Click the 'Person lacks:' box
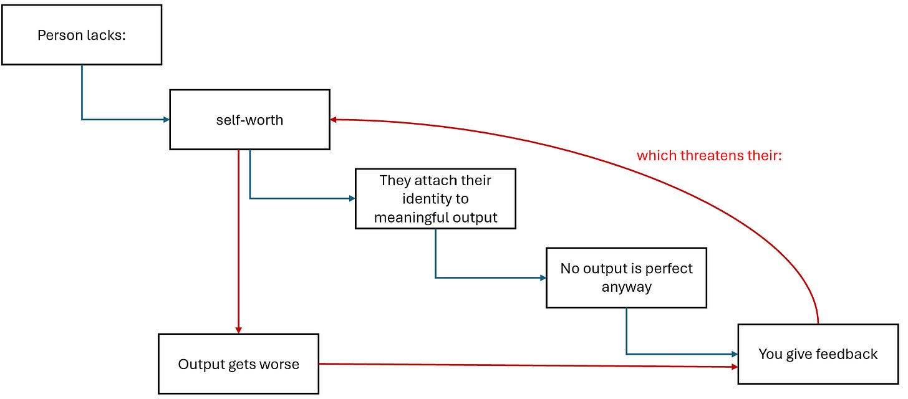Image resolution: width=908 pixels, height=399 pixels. click(x=82, y=35)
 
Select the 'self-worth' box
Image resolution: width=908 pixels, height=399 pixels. click(x=249, y=120)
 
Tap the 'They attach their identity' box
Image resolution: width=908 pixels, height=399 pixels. click(x=435, y=198)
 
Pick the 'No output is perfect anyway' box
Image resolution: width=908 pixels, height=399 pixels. click(x=626, y=277)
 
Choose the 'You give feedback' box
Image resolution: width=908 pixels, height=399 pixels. click(x=818, y=353)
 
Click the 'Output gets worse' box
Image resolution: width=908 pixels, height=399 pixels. click(x=238, y=363)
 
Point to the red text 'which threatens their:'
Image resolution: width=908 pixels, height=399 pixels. click(x=709, y=156)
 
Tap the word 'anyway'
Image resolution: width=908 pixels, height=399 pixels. click(x=626, y=287)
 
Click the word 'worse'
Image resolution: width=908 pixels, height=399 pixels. click(x=280, y=364)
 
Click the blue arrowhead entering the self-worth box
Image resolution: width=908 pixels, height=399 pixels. click(x=166, y=120)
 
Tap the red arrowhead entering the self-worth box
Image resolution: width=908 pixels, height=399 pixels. click(x=333, y=120)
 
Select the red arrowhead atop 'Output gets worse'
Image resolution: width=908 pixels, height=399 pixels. click(x=238, y=330)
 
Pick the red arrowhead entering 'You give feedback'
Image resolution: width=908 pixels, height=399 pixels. click(x=735, y=367)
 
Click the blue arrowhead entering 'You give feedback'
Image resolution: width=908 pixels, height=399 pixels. click(x=735, y=354)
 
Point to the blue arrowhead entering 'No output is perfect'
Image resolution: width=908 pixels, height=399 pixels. click(x=543, y=278)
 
